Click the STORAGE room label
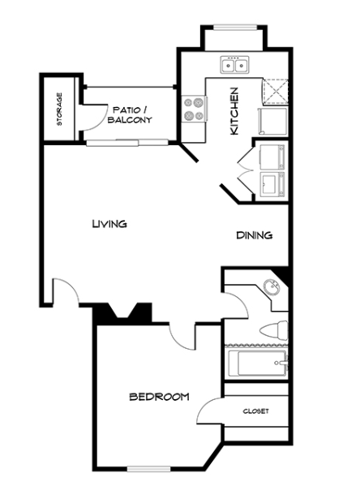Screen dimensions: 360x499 click(59, 110)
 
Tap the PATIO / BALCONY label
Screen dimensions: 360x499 click(130, 115)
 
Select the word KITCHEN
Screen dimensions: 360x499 click(234, 111)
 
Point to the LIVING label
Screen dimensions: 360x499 click(109, 224)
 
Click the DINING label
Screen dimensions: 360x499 click(255, 235)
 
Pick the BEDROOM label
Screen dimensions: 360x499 click(159, 397)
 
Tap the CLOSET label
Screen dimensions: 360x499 click(256, 411)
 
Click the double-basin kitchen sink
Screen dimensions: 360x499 click(234, 65)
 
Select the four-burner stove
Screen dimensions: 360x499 click(194, 109)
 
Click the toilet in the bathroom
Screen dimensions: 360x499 click(274, 330)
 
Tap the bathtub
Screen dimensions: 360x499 click(258, 363)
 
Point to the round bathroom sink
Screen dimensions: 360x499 click(272, 287)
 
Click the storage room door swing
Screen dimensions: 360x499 click(94, 117)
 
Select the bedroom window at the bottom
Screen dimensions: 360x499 click(149, 469)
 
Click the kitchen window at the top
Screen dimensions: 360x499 click(234, 28)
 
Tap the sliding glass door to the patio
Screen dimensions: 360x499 click(127, 143)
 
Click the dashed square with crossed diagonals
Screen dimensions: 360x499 click(276, 92)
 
